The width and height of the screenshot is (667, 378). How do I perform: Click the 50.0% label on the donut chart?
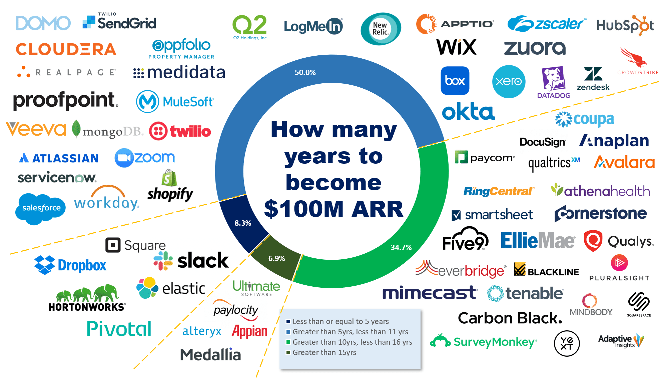coord(305,72)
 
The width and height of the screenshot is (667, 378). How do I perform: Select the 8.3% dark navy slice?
coord(243,223)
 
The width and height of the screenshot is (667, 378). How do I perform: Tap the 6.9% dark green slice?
coord(276,258)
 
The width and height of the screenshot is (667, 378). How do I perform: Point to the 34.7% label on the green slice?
coord(401,247)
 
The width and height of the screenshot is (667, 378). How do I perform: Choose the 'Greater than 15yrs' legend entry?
coord(324,352)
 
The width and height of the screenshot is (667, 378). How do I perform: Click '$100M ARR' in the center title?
coord(333,209)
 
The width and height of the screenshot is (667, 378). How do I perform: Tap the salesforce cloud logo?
coord(41,208)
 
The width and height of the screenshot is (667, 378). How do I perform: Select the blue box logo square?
coord(455,81)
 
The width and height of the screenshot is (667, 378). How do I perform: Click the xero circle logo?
coord(509,81)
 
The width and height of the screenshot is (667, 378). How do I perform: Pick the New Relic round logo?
coord(381,29)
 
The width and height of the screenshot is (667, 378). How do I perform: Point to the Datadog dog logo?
coord(553,79)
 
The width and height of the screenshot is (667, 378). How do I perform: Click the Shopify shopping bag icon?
coord(169,178)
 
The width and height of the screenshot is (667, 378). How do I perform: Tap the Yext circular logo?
coord(567,343)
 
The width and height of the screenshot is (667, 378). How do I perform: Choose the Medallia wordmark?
coord(210,355)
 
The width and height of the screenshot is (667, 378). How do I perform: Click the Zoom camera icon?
coord(124,158)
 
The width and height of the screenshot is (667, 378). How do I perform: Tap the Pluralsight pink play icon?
coord(619,263)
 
